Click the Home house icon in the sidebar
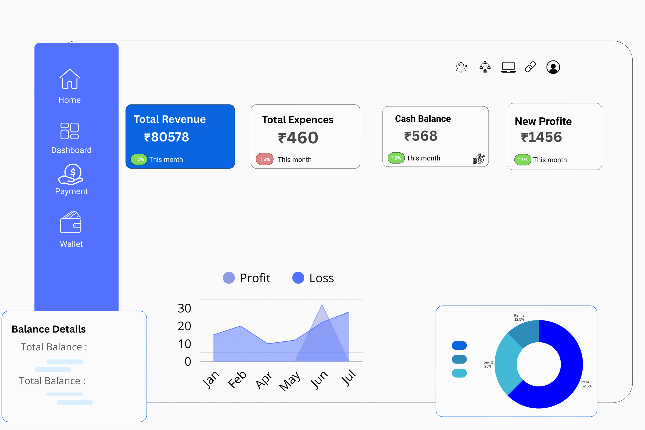point(70,79)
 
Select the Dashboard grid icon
point(70,131)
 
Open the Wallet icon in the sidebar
point(71,222)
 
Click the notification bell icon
point(461,67)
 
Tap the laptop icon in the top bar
point(508,67)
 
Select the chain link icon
point(530,67)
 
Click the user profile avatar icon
point(553,67)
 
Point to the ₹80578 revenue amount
point(167,137)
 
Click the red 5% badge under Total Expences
point(265,159)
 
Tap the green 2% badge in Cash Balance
point(396,158)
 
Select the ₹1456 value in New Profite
point(541,137)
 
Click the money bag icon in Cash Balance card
point(478,158)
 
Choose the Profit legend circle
point(229,278)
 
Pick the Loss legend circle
point(298,278)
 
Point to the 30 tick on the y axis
point(184,308)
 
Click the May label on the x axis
point(289,381)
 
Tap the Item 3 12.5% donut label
point(519,317)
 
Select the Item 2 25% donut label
point(488,364)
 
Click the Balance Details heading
point(49,329)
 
